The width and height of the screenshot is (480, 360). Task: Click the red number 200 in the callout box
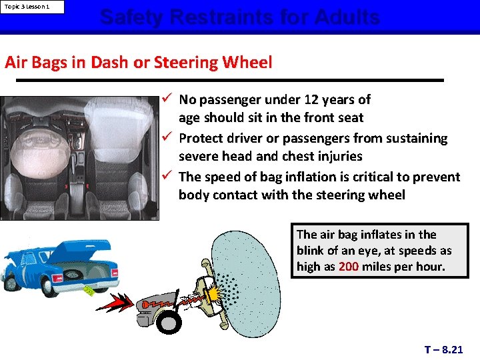[349, 266]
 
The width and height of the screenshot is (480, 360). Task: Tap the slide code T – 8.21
[443, 349]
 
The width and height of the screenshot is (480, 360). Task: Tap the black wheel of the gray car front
[169, 323]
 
